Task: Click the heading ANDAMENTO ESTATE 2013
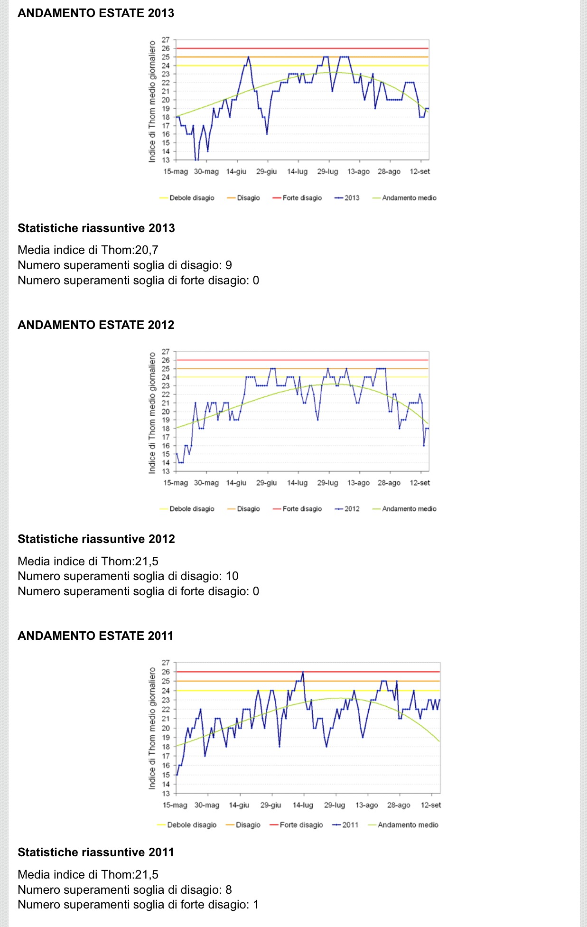96,13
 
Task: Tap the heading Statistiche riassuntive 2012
96,539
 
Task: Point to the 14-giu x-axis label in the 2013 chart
236,172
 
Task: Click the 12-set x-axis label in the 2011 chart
430,805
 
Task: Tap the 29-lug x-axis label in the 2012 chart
327,483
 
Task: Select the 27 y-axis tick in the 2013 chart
166,40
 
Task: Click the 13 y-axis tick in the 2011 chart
166,794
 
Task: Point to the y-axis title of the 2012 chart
152,412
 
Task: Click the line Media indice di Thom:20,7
88,250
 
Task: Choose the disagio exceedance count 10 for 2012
232,576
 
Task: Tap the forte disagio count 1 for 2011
256,905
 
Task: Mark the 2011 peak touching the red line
303,673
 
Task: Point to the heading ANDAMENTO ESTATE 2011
95,636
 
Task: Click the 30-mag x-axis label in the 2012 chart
206,483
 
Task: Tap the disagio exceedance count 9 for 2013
229,265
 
